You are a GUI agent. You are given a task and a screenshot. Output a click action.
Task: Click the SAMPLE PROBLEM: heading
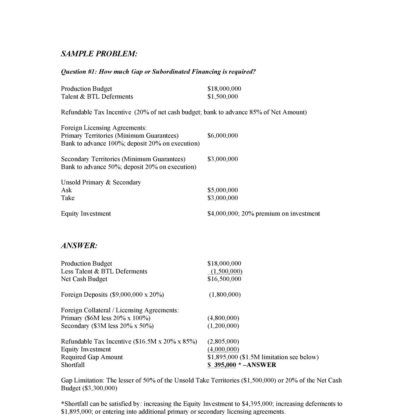(99, 54)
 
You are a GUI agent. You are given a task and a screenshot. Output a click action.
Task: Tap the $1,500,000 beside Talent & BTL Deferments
(222, 97)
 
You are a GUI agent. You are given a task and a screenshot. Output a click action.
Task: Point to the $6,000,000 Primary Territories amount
(222, 136)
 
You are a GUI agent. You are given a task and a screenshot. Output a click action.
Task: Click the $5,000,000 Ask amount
(222, 190)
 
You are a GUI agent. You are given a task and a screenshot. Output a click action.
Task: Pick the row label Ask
(66, 190)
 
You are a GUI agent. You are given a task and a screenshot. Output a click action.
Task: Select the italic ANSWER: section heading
(79, 246)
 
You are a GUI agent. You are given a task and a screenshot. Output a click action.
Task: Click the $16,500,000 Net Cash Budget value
(224, 279)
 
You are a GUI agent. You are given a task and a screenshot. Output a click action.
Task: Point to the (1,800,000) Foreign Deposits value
(225, 295)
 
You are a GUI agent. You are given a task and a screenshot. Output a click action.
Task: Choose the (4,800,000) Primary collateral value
(223, 318)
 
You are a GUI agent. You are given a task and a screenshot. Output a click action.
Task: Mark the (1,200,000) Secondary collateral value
(223, 326)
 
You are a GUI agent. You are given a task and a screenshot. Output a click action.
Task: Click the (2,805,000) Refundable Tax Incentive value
(223, 341)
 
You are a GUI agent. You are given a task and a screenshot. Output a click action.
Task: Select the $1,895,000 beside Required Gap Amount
(222, 357)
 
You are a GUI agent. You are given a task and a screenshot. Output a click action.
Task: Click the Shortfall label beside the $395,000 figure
(73, 365)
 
